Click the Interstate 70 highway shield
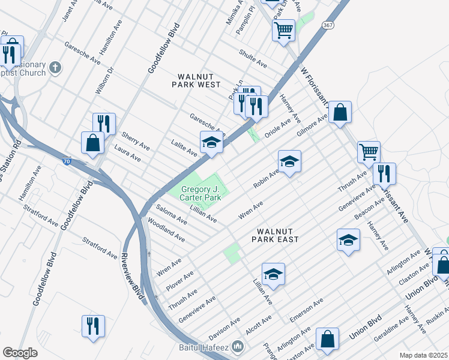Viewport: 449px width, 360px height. [x=68, y=161]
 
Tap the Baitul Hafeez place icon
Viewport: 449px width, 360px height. [x=238, y=346]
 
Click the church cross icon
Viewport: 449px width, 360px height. [x=55, y=67]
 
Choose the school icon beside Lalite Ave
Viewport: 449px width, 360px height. [x=211, y=143]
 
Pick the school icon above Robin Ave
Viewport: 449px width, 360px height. [x=289, y=161]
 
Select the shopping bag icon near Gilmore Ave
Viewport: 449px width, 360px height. [x=340, y=112]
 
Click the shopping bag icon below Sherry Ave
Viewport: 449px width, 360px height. [x=93, y=143]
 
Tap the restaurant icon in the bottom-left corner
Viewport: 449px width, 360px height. [x=93, y=326]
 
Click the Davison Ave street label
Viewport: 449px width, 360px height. [x=220, y=329]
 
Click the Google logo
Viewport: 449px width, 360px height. [x=20, y=353]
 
